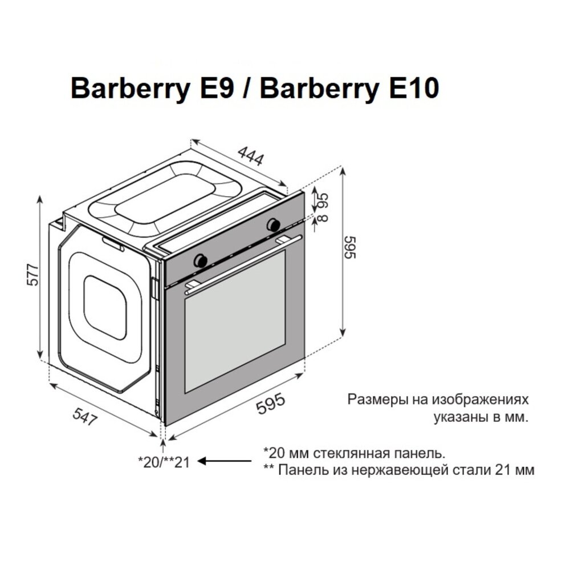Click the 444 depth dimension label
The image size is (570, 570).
coord(251,156)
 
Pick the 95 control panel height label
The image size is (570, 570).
coord(323,200)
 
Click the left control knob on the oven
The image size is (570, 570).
coord(201,260)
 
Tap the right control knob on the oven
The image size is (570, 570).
coord(274,224)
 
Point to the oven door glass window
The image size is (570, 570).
coord(234,321)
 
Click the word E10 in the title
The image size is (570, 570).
coord(407,89)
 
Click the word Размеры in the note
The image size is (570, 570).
coord(378,399)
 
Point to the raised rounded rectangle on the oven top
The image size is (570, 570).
coord(171,197)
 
